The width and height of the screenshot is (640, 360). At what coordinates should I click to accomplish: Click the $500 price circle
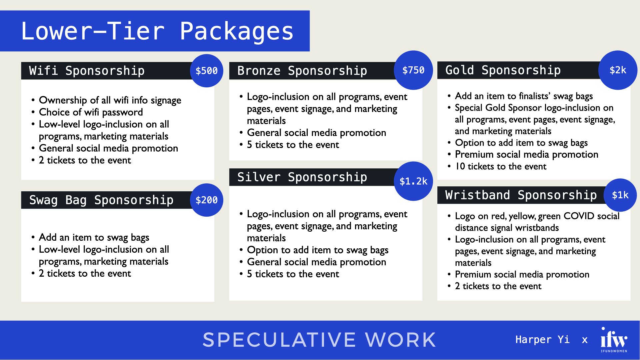click(x=206, y=71)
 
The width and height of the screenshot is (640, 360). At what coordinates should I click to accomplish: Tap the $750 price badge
click(x=413, y=70)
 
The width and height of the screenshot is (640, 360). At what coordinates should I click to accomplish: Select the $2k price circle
click(x=618, y=70)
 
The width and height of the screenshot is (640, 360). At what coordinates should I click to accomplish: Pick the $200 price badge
click(x=206, y=200)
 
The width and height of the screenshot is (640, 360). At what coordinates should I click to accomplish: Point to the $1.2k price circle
click(x=413, y=181)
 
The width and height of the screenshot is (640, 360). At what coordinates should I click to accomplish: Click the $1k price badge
click(x=620, y=195)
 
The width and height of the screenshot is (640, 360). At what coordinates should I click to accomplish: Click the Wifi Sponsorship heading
click(x=87, y=71)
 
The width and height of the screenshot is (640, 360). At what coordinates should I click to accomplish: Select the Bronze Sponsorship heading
click(x=302, y=71)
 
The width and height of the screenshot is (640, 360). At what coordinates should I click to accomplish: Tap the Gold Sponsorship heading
click(x=503, y=70)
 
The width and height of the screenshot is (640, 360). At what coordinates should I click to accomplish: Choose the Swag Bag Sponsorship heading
click(x=101, y=200)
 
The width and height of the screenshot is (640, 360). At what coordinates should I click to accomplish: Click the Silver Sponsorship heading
click(x=302, y=177)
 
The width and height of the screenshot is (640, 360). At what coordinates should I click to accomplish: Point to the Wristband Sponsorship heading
click(x=521, y=195)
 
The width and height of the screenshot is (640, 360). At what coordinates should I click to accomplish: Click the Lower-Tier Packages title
click(x=157, y=31)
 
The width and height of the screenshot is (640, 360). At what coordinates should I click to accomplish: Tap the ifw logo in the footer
click(x=614, y=339)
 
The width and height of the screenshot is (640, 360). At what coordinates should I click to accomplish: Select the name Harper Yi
click(x=542, y=340)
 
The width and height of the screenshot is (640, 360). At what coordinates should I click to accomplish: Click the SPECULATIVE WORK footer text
click(x=319, y=340)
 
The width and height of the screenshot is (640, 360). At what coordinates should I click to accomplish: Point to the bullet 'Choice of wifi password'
click(x=91, y=112)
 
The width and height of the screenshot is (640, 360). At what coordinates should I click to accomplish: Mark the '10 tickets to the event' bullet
click(x=501, y=166)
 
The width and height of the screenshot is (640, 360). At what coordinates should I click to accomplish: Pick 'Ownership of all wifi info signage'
click(x=110, y=100)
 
